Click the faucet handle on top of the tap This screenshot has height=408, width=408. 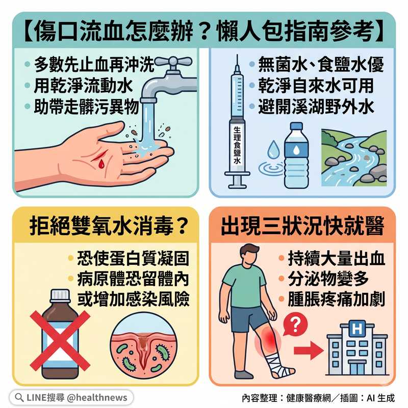[x=173, y=62]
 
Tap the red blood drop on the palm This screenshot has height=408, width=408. [x=101, y=163]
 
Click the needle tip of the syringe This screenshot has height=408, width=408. [x=237, y=55]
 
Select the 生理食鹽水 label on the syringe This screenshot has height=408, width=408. [x=237, y=145]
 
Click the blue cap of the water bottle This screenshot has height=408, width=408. [x=296, y=126]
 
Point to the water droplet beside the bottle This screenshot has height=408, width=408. [x=273, y=149]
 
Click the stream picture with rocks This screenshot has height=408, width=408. [x=354, y=158]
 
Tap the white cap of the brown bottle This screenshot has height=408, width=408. [x=60, y=295]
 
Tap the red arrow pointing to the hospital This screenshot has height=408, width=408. [x=309, y=350]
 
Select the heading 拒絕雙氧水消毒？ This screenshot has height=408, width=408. [x=109, y=226]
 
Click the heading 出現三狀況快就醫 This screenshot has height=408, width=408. [x=302, y=226]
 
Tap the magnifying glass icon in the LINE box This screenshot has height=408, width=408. [x=19, y=397]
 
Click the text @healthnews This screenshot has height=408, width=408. [x=97, y=397]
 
